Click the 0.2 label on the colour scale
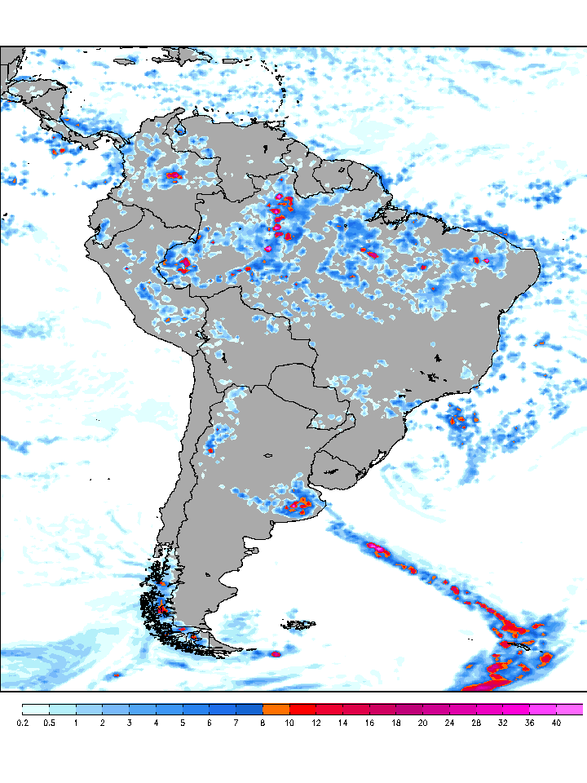(23, 723)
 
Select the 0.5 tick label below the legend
(49, 723)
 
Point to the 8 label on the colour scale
(263, 723)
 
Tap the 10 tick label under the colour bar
(289, 723)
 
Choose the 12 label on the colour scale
(316, 723)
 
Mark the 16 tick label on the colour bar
(369, 723)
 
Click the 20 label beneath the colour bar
(422, 723)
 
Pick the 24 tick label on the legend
(449, 723)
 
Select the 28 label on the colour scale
(476, 723)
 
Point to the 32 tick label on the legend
(502, 723)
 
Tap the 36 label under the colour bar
(529, 723)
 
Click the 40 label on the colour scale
(556, 723)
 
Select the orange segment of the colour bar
(276, 709)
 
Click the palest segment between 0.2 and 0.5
(36, 709)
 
